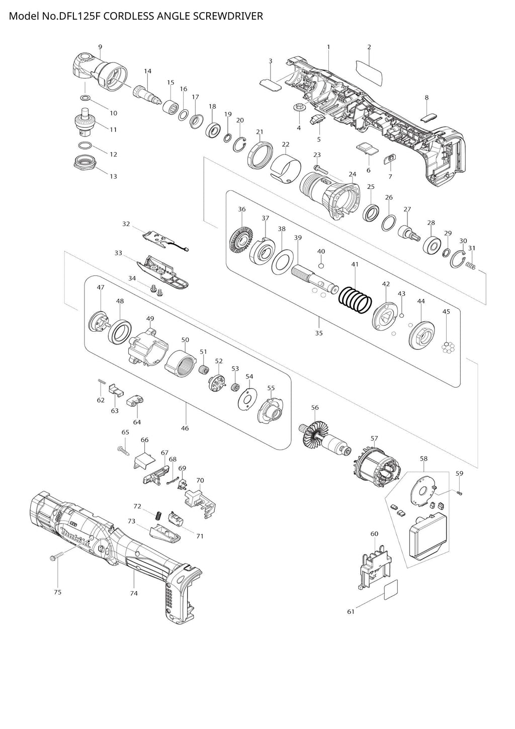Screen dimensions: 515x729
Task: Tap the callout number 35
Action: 319,333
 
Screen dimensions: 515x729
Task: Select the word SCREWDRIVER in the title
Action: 228,16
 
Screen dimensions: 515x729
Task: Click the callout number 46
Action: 185,428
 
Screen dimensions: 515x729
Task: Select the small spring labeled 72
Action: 158,516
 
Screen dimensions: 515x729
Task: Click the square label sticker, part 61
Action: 390,590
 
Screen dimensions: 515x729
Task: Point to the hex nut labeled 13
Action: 85,162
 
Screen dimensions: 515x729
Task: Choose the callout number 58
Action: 423,459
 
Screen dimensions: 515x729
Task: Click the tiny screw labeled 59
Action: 459,493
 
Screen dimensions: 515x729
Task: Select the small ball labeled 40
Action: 321,266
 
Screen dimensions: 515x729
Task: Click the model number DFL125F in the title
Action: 80,16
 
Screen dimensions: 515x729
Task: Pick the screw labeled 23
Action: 321,169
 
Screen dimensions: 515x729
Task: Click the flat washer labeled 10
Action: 85,98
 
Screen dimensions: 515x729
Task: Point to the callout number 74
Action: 134,593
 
